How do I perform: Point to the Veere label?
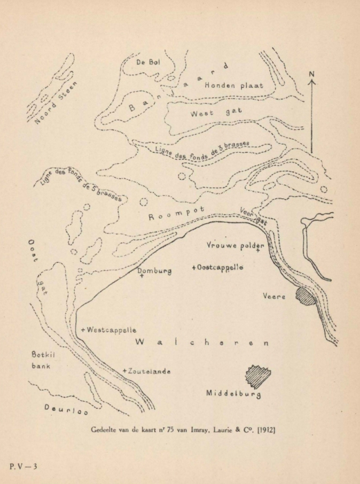(275, 297)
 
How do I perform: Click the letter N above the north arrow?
(312, 74)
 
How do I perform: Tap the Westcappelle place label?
(109, 331)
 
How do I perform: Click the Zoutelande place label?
(148, 371)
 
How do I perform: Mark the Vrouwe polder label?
(236, 245)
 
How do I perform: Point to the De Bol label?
(148, 63)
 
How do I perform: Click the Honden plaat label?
(232, 85)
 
